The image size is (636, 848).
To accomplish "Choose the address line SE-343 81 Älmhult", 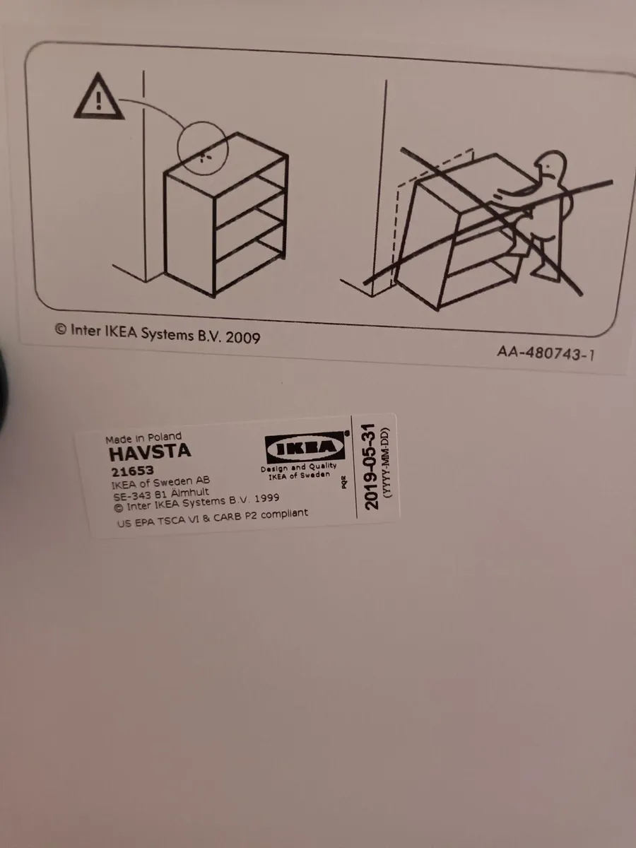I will pyautogui.click(x=160, y=494).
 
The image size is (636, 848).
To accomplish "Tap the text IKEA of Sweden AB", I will pyautogui.click(x=160, y=482).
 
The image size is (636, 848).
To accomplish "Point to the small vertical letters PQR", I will pyautogui.click(x=344, y=482).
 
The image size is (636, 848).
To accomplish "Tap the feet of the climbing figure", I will pyautogui.click(x=545, y=269).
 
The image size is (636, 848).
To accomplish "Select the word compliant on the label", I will pyautogui.click(x=284, y=514).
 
